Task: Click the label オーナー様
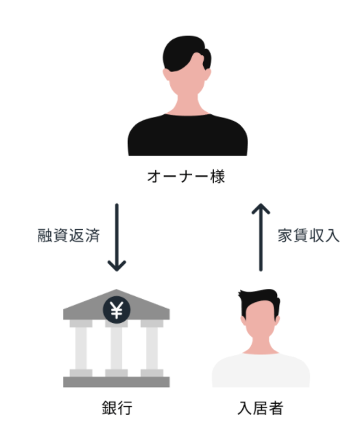tap(185, 177)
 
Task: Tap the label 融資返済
tap(68, 236)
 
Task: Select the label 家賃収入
tap(308, 236)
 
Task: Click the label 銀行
tap(117, 408)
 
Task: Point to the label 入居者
tap(260, 408)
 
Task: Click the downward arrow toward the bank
tap(117, 237)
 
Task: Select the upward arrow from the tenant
tap(260, 237)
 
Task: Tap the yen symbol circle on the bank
tap(116, 310)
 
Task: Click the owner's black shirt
tap(188, 135)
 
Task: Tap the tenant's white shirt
tap(260, 371)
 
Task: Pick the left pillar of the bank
tap(81, 349)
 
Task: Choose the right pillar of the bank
tap(152, 349)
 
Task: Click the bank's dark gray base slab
tap(116, 382)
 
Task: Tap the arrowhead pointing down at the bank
tap(117, 267)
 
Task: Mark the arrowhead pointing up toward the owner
tap(260, 208)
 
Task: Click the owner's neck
tap(188, 105)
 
